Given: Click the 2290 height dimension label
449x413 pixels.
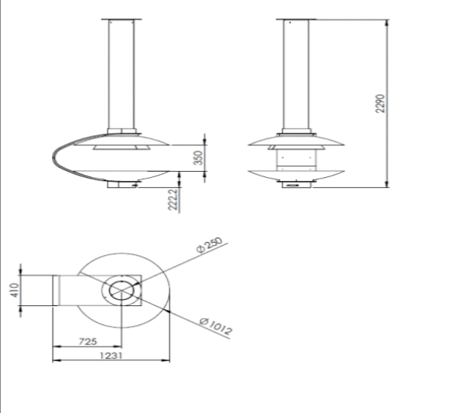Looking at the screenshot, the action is pos(380,104).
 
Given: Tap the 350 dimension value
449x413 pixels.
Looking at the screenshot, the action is pos(199,158).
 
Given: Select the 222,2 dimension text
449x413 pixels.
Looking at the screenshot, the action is pos(173,199).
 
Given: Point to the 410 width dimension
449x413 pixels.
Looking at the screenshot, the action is pos(15,290).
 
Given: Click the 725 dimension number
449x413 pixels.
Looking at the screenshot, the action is pos(88,341).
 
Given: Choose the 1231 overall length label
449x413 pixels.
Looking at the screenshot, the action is pos(111,356).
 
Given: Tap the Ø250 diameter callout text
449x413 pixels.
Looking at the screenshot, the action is pos(209,245).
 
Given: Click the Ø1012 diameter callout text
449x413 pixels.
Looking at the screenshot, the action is pos(215,326).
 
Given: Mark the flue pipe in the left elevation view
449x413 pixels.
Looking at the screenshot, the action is pos(121,74).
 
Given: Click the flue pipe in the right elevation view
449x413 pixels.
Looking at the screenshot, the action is pos(296,74).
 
